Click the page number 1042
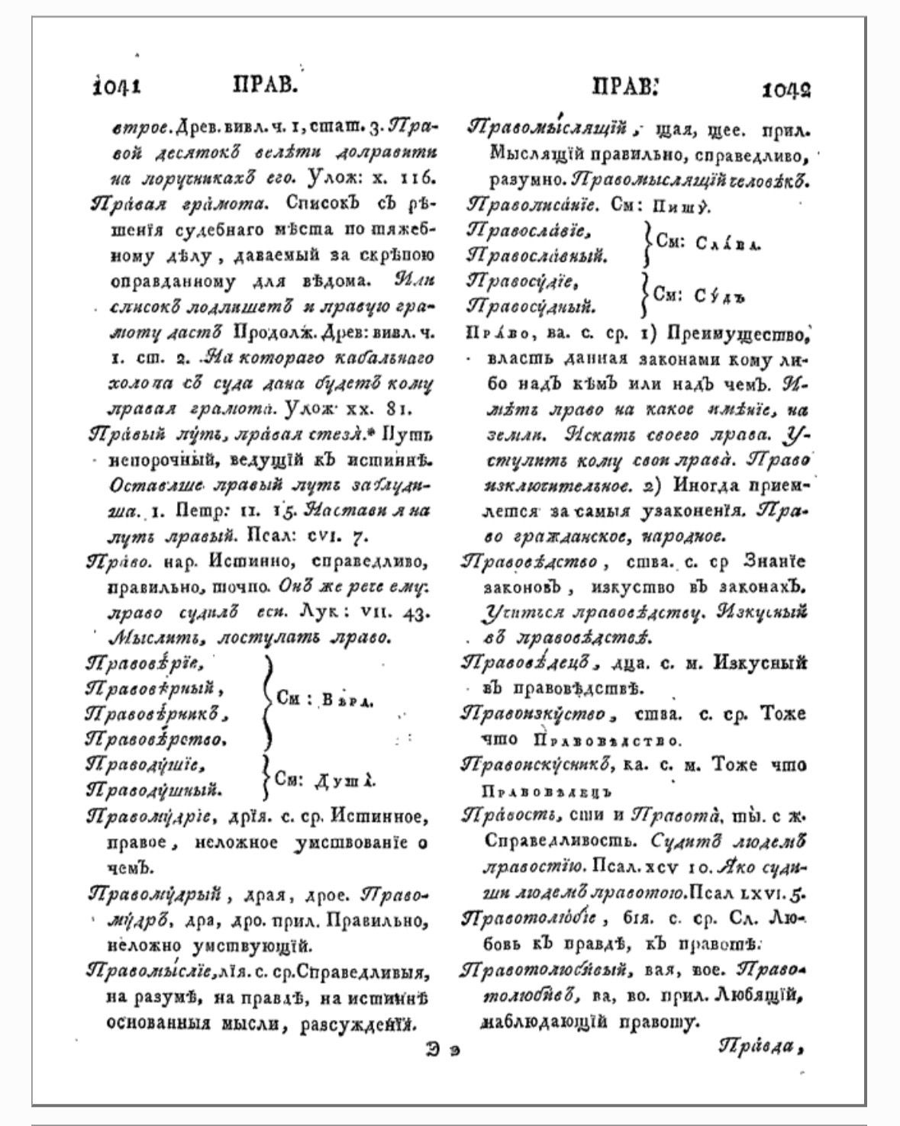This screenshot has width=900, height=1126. [785, 90]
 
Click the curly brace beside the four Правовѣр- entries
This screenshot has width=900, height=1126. [266, 700]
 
